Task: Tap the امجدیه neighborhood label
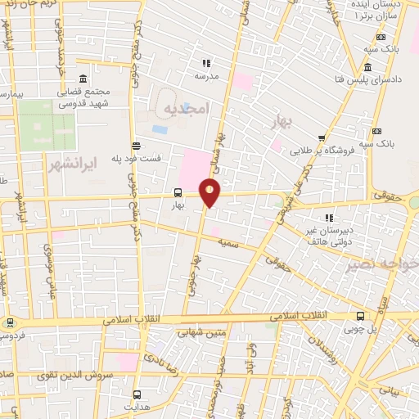click(x=187, y=108)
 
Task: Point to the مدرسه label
click(x=206, y=76)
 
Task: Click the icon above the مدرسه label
click(x=206, y=62)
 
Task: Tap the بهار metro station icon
click(x=178, y=193)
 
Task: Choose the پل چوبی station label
click(x=361, y=329)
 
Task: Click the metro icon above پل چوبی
click(x=361, y=316)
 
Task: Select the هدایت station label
click(x=137, y=406)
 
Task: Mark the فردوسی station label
click(x=11, y=336)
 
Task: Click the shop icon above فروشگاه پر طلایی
click(x=322, y=138)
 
